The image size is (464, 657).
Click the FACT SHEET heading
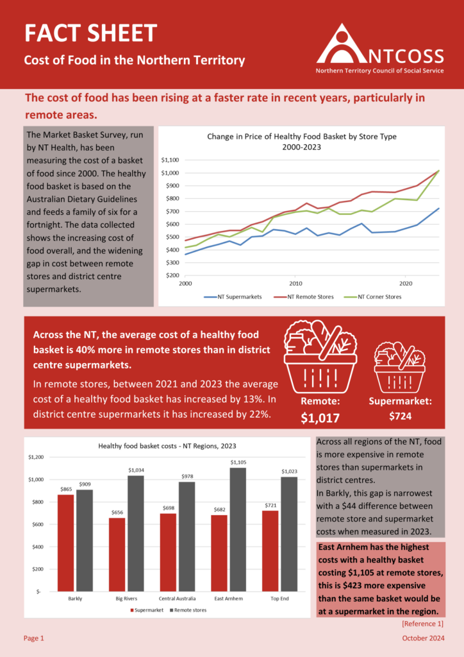(x=90, y=33)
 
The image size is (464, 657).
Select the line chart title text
(x=301, y=141)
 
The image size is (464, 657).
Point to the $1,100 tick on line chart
(x=170, y=160)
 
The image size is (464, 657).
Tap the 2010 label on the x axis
(x=295, y=283)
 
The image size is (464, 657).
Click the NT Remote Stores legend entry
(x=306, y=297)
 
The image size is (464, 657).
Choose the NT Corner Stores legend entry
(x=377, y=297)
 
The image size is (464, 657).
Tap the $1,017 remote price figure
(x=320, y=418)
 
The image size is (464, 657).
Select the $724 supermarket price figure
(x=400, y=416)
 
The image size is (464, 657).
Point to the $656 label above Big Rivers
(x=117, y=513)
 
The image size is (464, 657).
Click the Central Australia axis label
(x=178, y=598)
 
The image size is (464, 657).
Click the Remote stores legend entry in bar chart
(x=188, y=610)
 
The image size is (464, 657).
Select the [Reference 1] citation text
(x=422, y=624)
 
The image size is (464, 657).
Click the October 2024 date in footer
(x=423, y=638)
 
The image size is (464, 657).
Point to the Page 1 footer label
(x=34, y=638)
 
